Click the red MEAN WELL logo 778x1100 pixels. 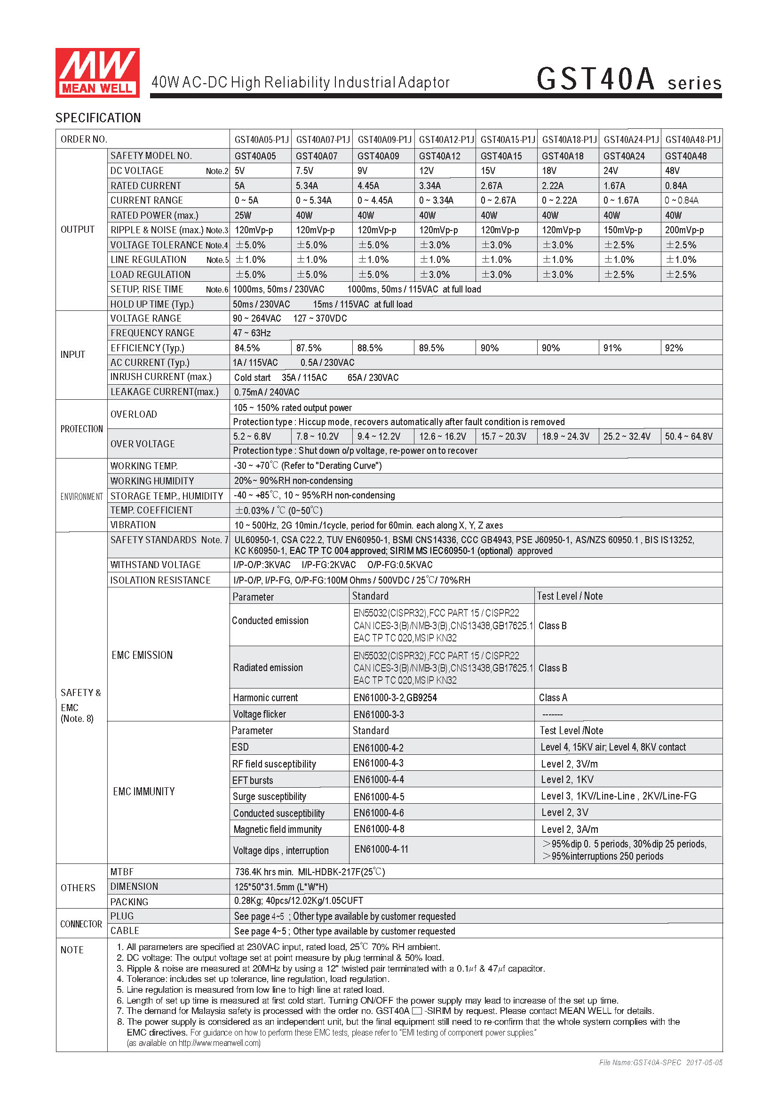pos(97,73)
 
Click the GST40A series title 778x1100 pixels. pos(628,79)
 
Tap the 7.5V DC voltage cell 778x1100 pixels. pos(305,171)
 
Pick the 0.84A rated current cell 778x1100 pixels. pos(675,185)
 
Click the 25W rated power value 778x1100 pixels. pos(243,215)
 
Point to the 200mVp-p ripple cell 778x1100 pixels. pos(684,230)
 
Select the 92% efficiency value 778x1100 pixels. pos(674,348)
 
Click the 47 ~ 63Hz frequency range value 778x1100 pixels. pos(252,333)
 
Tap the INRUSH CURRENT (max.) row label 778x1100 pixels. pos(161,377)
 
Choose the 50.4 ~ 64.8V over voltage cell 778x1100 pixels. pos(689,436)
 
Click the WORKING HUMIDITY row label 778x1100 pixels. pos(152,481)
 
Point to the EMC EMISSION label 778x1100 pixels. pos(142,655)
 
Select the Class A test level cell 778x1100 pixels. pos(553,697)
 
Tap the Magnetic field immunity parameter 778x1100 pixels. pos(278,829)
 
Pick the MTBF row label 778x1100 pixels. pos(122,872)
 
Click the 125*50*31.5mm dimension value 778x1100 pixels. pos(281,887)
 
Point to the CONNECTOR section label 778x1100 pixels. pos(81,924)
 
